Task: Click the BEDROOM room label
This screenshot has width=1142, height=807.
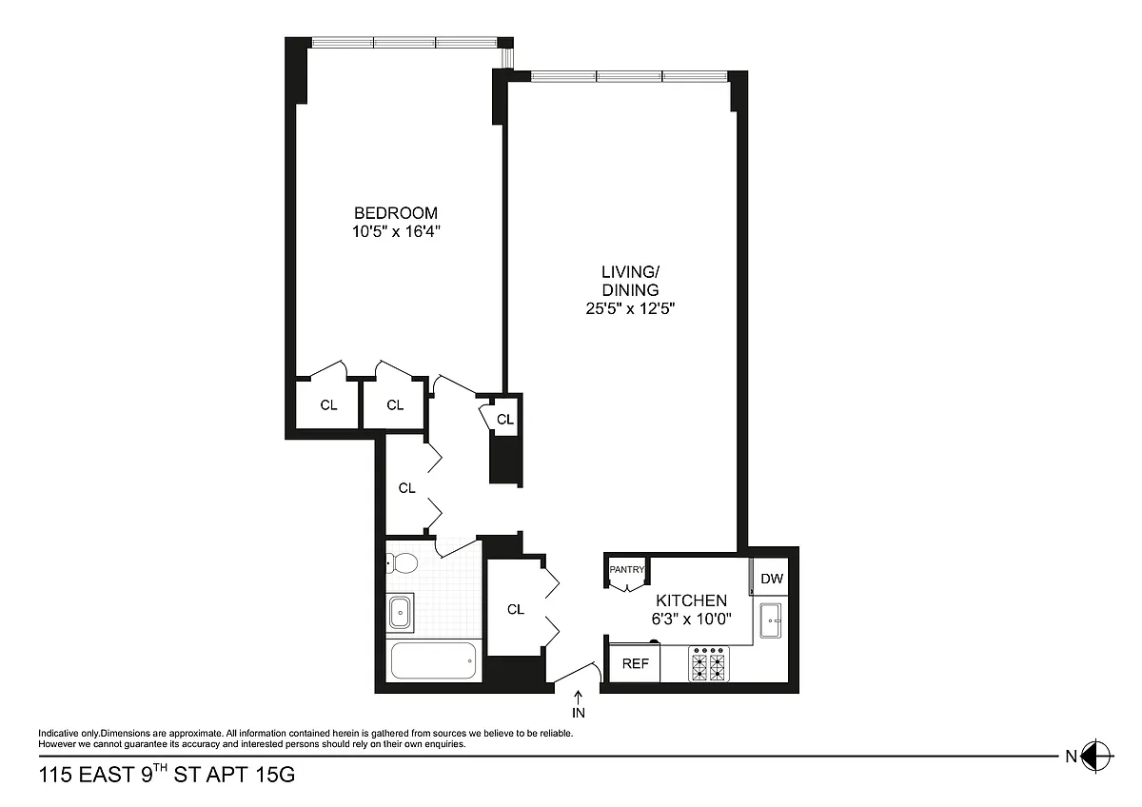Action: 396,212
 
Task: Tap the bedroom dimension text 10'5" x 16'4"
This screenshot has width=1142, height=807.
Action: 396,231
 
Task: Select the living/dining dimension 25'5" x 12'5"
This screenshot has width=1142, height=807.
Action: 630,308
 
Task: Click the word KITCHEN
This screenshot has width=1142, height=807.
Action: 691,600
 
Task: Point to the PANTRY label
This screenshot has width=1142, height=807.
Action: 626,569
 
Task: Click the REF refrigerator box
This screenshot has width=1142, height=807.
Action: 635,662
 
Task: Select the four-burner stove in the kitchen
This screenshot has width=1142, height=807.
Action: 709,663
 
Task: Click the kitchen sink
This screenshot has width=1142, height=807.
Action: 770,620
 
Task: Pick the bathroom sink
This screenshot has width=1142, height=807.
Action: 400,612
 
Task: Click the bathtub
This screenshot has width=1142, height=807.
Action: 433,660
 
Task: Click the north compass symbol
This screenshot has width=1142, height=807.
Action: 1096,757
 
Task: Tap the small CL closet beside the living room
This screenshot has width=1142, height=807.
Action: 505,419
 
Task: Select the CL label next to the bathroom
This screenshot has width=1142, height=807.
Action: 516,609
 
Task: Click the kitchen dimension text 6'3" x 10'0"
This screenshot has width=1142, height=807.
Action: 691,619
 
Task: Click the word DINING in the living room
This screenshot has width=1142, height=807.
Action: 630,289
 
